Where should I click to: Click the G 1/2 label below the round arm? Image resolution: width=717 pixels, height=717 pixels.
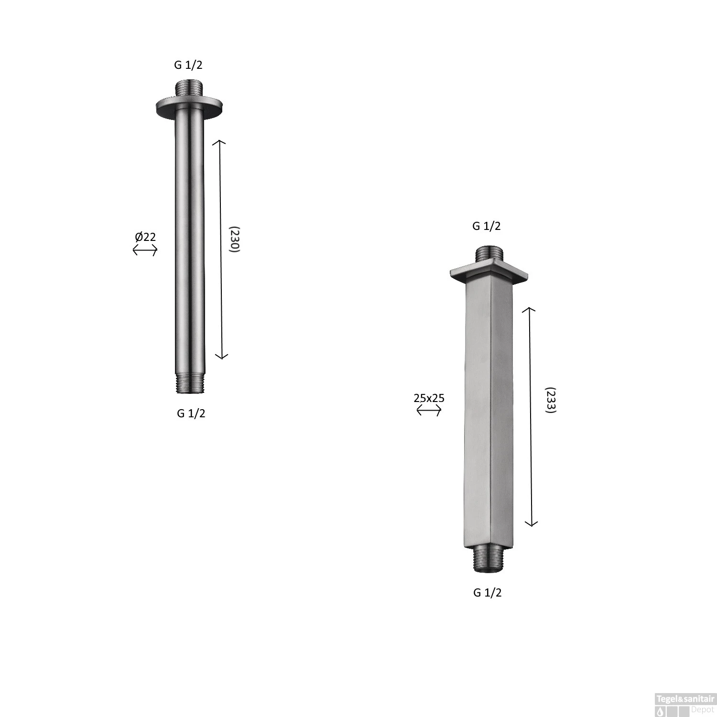(191, 413)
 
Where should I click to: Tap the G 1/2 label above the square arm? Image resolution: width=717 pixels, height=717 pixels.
(486, 226)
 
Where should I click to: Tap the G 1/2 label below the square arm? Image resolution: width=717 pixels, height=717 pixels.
(487, 593)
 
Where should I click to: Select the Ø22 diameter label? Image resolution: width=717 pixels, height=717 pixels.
(145, 237)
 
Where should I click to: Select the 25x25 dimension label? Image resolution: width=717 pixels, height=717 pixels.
(429, 398)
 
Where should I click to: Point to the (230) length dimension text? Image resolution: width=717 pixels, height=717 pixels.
(234, 239)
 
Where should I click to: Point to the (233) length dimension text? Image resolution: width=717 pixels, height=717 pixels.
(551, 400)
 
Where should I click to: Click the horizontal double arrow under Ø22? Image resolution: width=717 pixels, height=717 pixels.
(145, 250)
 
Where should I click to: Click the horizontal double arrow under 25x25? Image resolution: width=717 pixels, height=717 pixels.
(429, 410)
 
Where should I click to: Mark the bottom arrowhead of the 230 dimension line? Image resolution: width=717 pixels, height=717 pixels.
(221, 357)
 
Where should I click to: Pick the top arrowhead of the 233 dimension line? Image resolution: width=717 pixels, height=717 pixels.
(528, 309)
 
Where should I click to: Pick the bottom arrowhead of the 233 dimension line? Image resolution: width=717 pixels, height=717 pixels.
(531, 524)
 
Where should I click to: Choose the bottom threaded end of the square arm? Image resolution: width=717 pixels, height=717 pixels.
(488, 559)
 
